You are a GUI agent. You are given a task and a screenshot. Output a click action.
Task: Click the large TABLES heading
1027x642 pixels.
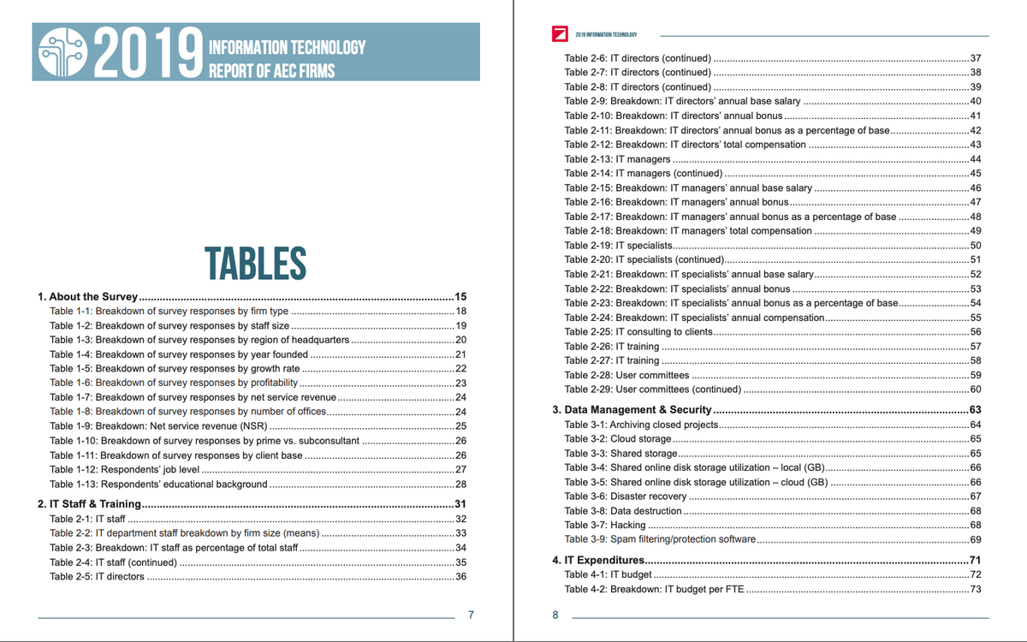(x=255, y=263)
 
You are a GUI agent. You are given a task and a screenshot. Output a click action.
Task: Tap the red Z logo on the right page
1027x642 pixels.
(x=561, y=34)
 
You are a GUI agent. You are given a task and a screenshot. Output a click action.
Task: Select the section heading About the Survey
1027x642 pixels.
(x=87, y=296)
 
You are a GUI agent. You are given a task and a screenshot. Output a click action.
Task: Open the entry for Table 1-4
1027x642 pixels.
(x=179, y=354)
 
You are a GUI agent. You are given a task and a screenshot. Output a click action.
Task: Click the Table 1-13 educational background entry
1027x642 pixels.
(x=158, y=484)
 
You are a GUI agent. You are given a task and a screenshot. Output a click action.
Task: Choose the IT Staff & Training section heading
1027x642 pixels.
(x=89, y=504)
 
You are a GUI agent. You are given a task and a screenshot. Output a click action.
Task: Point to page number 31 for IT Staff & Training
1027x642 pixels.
(x=460, y=504)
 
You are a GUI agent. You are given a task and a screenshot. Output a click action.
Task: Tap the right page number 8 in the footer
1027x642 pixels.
(x=555, y=614)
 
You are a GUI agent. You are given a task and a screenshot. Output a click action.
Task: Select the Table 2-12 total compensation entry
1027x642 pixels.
(x=685, y=145)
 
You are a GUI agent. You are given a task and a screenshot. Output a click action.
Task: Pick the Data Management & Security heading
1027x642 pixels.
(x=632, y=410)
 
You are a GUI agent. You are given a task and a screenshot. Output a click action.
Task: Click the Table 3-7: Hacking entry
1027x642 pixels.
(x=605, y=525)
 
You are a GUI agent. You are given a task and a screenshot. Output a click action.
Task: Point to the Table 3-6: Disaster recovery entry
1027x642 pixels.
(x=626, y=496)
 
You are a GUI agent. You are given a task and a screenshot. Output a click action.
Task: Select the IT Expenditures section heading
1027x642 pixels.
(x=598, y=560)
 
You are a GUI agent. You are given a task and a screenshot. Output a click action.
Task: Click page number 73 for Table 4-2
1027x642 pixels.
(x=974, y=590)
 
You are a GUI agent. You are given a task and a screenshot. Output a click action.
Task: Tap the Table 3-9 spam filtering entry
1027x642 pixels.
(x=660, y=539)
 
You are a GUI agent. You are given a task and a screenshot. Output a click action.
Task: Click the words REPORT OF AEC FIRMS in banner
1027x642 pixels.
(x=271, y=70)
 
